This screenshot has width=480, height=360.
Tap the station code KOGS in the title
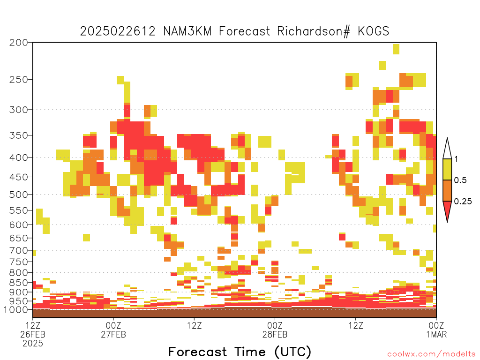(x=374, y=31)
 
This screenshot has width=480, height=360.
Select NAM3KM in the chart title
(x=187, y=31)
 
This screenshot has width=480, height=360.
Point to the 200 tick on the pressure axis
(x=19, y=43)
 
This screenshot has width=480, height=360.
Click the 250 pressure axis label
(x=19, y=80)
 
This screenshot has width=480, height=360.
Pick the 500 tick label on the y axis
(x=19, y=195)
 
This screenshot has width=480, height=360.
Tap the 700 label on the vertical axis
(x=19, y=250)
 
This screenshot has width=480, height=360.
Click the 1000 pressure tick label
(x=16, y=309)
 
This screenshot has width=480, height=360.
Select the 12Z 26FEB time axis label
(x=33, y=334)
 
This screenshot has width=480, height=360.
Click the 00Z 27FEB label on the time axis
(x=113, y=330)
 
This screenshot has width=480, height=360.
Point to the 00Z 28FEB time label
(x=275, y=330)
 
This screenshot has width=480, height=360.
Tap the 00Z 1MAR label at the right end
(x=436, y=330)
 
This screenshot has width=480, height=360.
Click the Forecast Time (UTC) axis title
(x=240, y=352)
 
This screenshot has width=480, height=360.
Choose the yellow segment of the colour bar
(x=447, y=169)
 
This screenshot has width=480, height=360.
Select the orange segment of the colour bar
(x=447, y=190)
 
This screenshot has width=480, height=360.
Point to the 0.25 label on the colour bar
(x=463, y=202)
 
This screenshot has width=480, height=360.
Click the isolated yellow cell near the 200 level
(x=396, y=49)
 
